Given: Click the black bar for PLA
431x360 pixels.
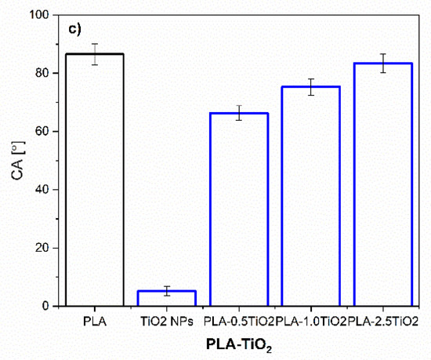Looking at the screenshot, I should [x=94, y=180].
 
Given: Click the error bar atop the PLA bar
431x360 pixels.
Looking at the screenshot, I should [x=94, y=54].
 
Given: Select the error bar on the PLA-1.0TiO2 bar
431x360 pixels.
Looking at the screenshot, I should [x=310, y=87].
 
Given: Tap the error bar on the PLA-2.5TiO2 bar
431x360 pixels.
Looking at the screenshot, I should [x=383, y=64].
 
